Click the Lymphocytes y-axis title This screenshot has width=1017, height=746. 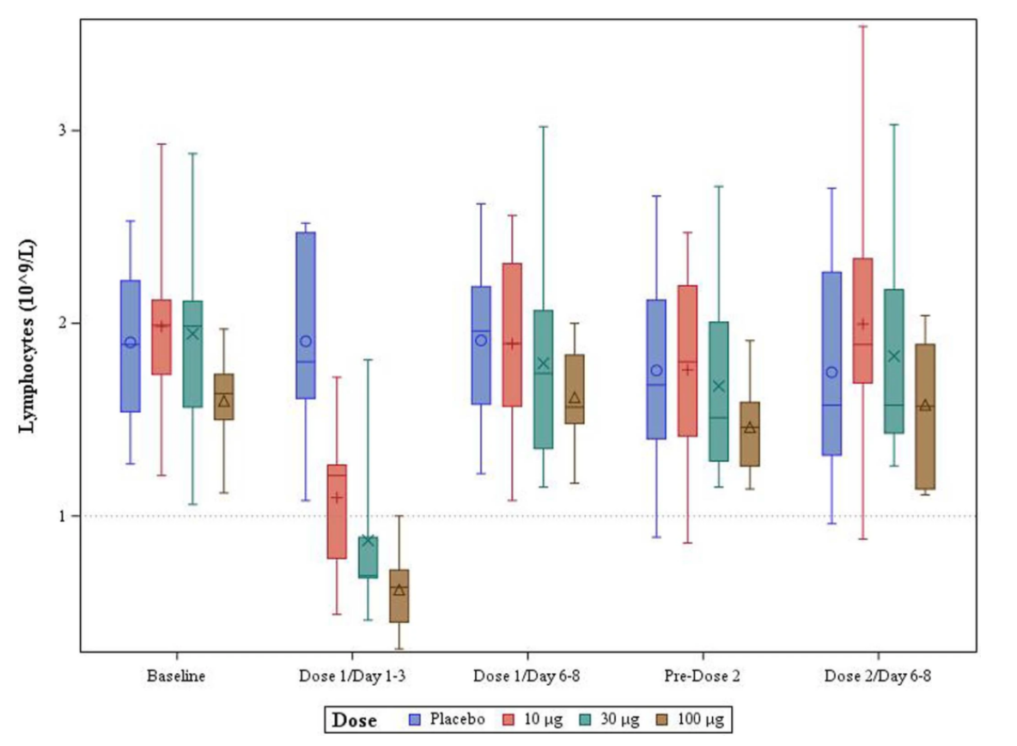click(27, 336)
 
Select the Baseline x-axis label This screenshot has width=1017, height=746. click(176, 676)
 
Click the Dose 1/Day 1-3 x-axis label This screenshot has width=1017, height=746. click(351, 676)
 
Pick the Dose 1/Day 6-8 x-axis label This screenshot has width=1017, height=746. click(527, 676)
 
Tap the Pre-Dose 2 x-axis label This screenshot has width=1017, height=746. click(702, 676)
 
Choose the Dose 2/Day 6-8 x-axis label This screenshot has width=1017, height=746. click(877, 676)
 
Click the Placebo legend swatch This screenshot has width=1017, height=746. click(415, 719)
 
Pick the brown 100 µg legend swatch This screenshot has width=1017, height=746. click(663, 719)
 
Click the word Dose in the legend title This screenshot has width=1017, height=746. click(355, 720)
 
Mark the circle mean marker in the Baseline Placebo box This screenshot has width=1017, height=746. click(131, 343)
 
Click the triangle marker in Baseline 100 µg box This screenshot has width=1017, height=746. click(223, 401)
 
